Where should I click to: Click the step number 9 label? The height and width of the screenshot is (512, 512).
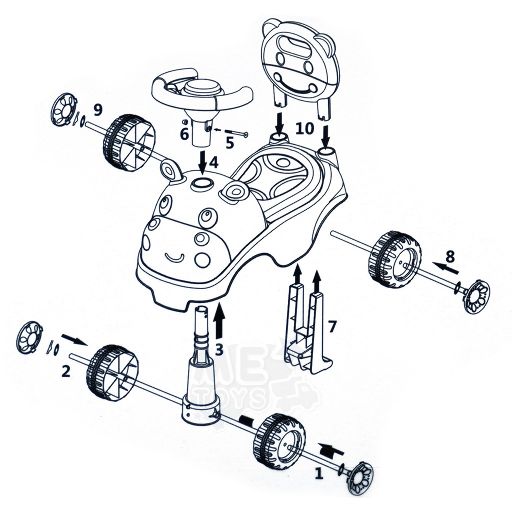click(x=97, y=110)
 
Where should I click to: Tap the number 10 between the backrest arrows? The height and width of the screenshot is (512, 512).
click(x=304, y=128)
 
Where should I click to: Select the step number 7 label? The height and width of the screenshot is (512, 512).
click(x=332, y=326)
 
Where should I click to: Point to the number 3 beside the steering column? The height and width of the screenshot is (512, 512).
click(x=219, y=349)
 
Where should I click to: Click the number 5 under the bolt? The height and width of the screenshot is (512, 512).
click(x=230, y=142)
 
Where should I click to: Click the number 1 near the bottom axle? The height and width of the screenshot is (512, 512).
click(x=319, y=472)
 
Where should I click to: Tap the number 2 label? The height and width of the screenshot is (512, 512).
click(x=65, y=371)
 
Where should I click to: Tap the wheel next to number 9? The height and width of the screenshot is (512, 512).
click(x=128, y=142)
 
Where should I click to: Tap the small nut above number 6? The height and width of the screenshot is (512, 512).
click(x=184, y=122)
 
